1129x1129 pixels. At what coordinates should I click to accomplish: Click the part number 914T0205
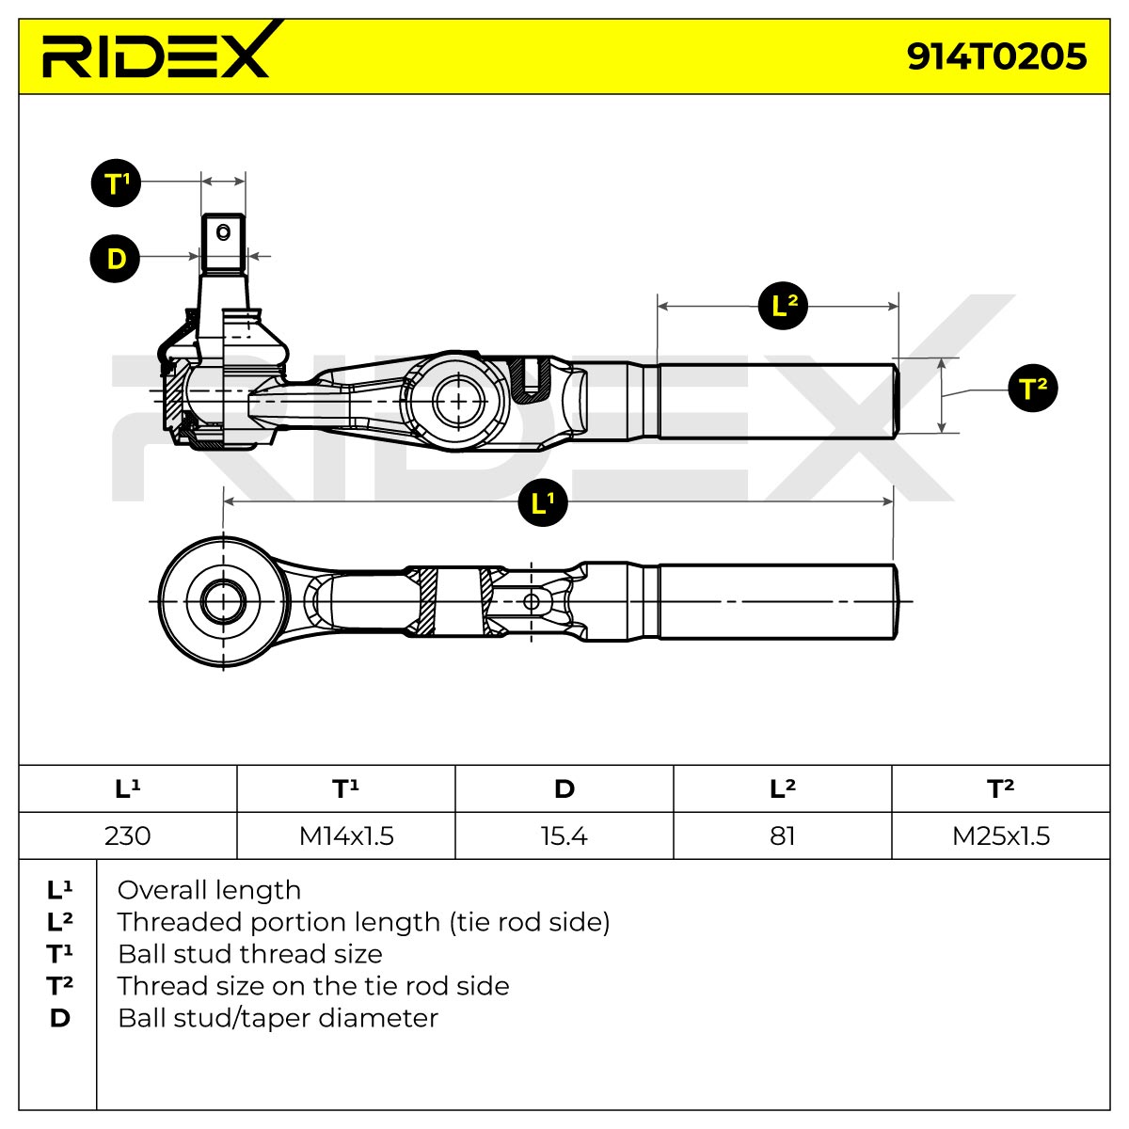(x=996, y=56)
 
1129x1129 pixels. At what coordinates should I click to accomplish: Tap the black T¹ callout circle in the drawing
(x=116, y=183)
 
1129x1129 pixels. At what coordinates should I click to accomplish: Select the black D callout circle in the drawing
(x=116, y=259)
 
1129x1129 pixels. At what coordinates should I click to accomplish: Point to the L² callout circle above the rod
(x=783, y=305)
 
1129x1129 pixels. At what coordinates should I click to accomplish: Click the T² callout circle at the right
(x=1032, y=388)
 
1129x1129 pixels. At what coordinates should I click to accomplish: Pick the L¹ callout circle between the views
(x=542, y=502)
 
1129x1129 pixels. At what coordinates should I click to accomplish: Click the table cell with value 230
(x=128, y=835)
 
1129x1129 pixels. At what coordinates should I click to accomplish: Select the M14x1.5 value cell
(x=346, y=835)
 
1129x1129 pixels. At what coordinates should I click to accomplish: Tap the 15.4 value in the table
(x=564, y=836)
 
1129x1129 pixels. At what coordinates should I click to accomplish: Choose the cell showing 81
(x=783, y=835)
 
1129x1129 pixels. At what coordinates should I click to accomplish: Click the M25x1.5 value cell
(x=1001, y=835)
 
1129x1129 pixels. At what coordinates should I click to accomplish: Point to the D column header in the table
(x=564, y=788)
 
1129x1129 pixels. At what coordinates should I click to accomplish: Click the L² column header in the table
(x=783, y=788)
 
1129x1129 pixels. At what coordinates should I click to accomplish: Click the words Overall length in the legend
(x=209, y=891)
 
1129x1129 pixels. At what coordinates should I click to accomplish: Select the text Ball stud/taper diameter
(x=278, y=1018)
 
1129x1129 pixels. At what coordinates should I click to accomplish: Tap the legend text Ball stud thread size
(x=250, y=954)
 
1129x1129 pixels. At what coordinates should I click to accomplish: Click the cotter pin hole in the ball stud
(x=223, y=232)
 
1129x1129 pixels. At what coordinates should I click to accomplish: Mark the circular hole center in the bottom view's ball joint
(x=223, y=601)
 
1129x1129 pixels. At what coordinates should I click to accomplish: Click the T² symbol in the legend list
(x=60, y=986)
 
